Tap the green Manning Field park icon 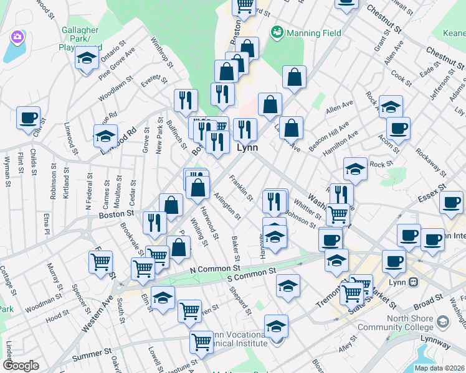(x=277, y=30)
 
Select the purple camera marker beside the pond (x=17, y=38)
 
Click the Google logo (x=21, y=365)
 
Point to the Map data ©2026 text (x=439, y=367)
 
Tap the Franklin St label (x=240, y=189)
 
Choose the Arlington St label (x=227, y=206)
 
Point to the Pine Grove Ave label (x=117, y=65)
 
